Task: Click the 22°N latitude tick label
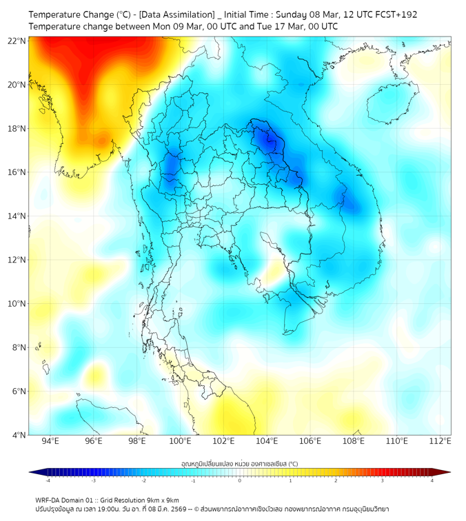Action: pos(17,41)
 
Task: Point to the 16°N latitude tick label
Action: pos(17,172)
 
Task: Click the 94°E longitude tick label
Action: pos(50,441)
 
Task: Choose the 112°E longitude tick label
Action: pos(440,441)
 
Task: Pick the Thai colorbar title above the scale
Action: pos(240,464)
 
